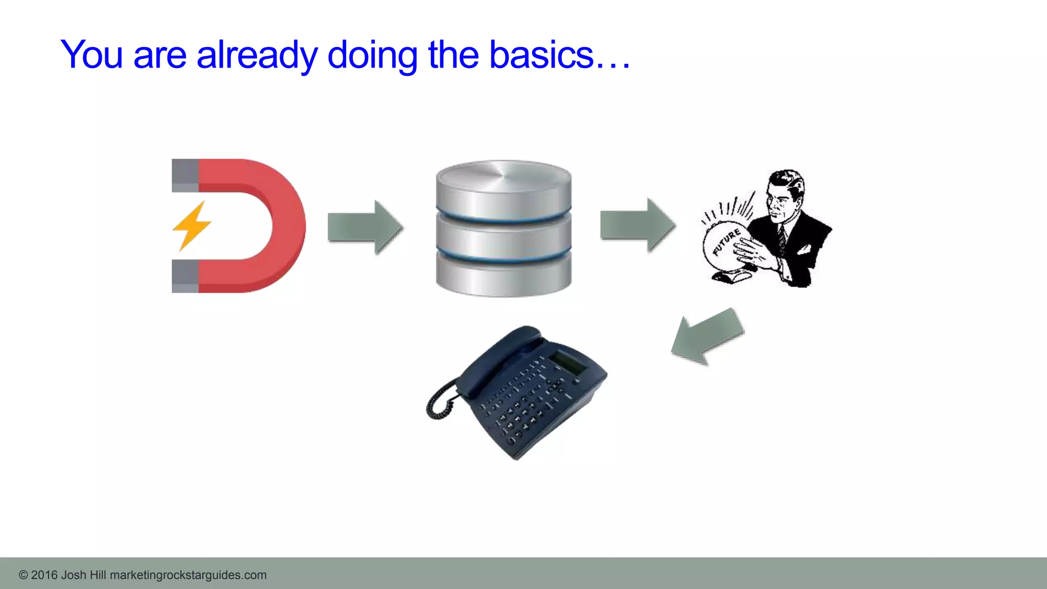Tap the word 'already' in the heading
point(257,55)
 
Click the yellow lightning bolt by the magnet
point(191,226)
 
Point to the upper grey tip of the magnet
point(185,175)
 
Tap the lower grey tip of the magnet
point(185,276)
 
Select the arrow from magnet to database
point(365,227)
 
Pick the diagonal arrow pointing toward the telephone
point(707,336)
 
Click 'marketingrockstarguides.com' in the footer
point(188,575)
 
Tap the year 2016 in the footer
point(44,575)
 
